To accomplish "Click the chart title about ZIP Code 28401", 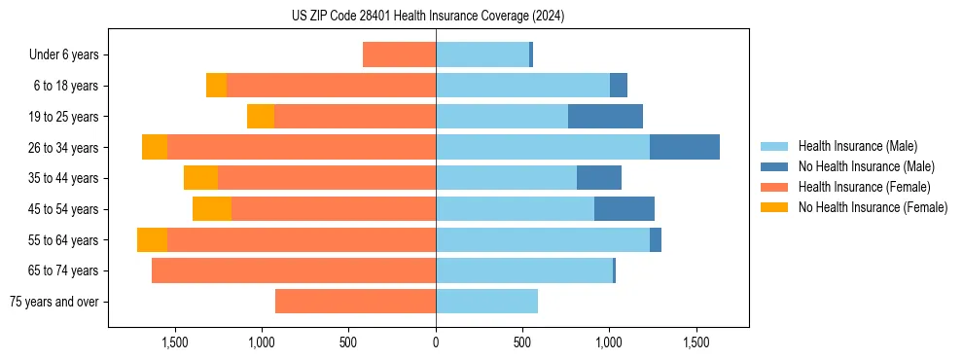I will (x=428, y=16).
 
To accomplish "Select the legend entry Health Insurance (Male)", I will (x=857, y=146).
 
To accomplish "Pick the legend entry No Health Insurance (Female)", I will (x=873, y=207).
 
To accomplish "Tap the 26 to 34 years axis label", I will (x=66, y=148).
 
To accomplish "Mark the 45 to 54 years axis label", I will (x=66, y=209).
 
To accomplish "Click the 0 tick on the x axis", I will (x=436, y=342).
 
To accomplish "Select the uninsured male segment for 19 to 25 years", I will (x=605, y=117).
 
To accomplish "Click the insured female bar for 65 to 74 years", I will (x=294, y=270).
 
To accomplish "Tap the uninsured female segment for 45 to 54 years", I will (x=212, y=209).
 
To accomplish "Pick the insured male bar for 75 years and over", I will (x=486, y=302).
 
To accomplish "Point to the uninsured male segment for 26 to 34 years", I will (x=685, y=147).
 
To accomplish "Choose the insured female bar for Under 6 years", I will (x=399, y=54).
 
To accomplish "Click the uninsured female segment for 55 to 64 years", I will (x=152, y=240).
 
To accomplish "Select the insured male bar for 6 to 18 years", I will (x=522, y=86).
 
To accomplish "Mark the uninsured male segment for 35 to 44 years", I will (x=599, y=178).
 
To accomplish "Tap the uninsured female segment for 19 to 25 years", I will (x=261, y=117).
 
